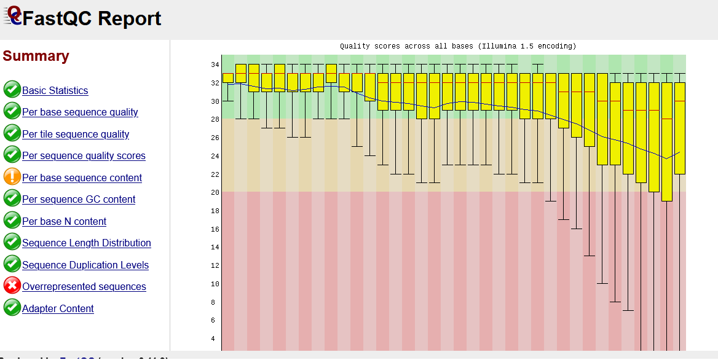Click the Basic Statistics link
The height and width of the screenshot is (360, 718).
coord(55,90)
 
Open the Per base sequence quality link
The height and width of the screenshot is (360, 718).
coord(80,112)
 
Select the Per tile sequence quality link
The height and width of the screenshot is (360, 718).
coord(76,134)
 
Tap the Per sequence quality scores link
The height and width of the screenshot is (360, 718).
coord(84,156)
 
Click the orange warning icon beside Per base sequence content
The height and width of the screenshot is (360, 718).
coord(12,177)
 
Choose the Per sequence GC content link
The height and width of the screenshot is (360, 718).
coord(79,200)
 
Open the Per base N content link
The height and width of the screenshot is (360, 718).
coord(64,221)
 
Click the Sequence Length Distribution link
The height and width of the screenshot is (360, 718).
coord(87,243)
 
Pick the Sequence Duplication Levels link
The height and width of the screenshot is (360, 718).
coord(85,265)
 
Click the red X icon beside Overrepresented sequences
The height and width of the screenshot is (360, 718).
coord(12,286)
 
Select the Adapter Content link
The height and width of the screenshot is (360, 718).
coord(58,308)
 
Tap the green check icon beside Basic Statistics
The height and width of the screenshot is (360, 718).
coord(12,90)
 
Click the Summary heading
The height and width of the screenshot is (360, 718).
coord(36,56)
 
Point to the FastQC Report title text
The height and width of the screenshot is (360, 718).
coord(92,18)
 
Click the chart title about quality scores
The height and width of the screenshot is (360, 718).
coord(458,46)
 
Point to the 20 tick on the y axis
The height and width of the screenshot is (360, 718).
coord(215,192)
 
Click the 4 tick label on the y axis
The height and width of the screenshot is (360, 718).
coord(213,338)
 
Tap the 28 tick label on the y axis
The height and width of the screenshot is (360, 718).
coord(215,119)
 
